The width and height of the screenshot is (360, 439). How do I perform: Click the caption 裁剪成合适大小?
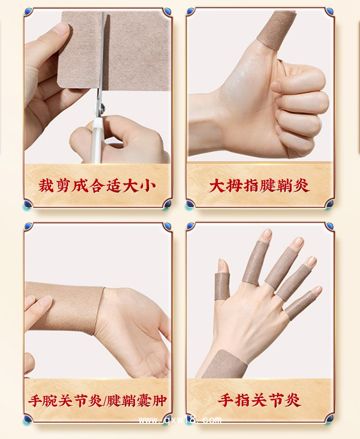pos(97,186)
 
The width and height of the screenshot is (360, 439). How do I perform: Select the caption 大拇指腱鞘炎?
pos(259,186)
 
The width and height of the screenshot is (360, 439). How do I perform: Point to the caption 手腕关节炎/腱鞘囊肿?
pos(97,401)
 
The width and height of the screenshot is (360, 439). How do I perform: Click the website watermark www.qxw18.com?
pos(180,420)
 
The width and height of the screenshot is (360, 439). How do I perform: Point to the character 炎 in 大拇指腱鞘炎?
pos(300,186)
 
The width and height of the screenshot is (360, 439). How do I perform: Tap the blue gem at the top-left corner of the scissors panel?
pos(28,12)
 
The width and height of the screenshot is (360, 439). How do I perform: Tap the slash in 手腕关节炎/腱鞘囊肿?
pos(105,401)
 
